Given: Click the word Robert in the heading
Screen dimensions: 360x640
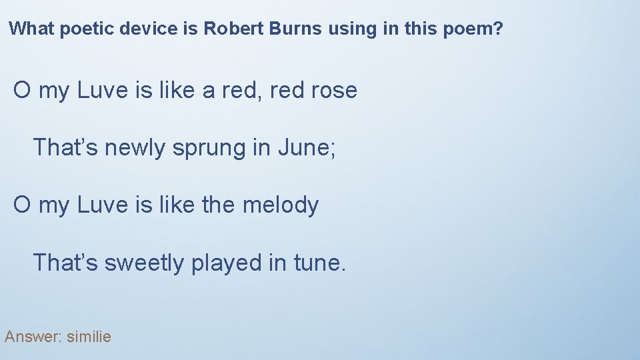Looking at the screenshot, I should [228, 29].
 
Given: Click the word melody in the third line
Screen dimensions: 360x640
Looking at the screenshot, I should [281, 205].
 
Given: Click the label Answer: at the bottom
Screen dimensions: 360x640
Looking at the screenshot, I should [32, 337].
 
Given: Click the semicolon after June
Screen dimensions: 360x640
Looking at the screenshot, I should [333, 149].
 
